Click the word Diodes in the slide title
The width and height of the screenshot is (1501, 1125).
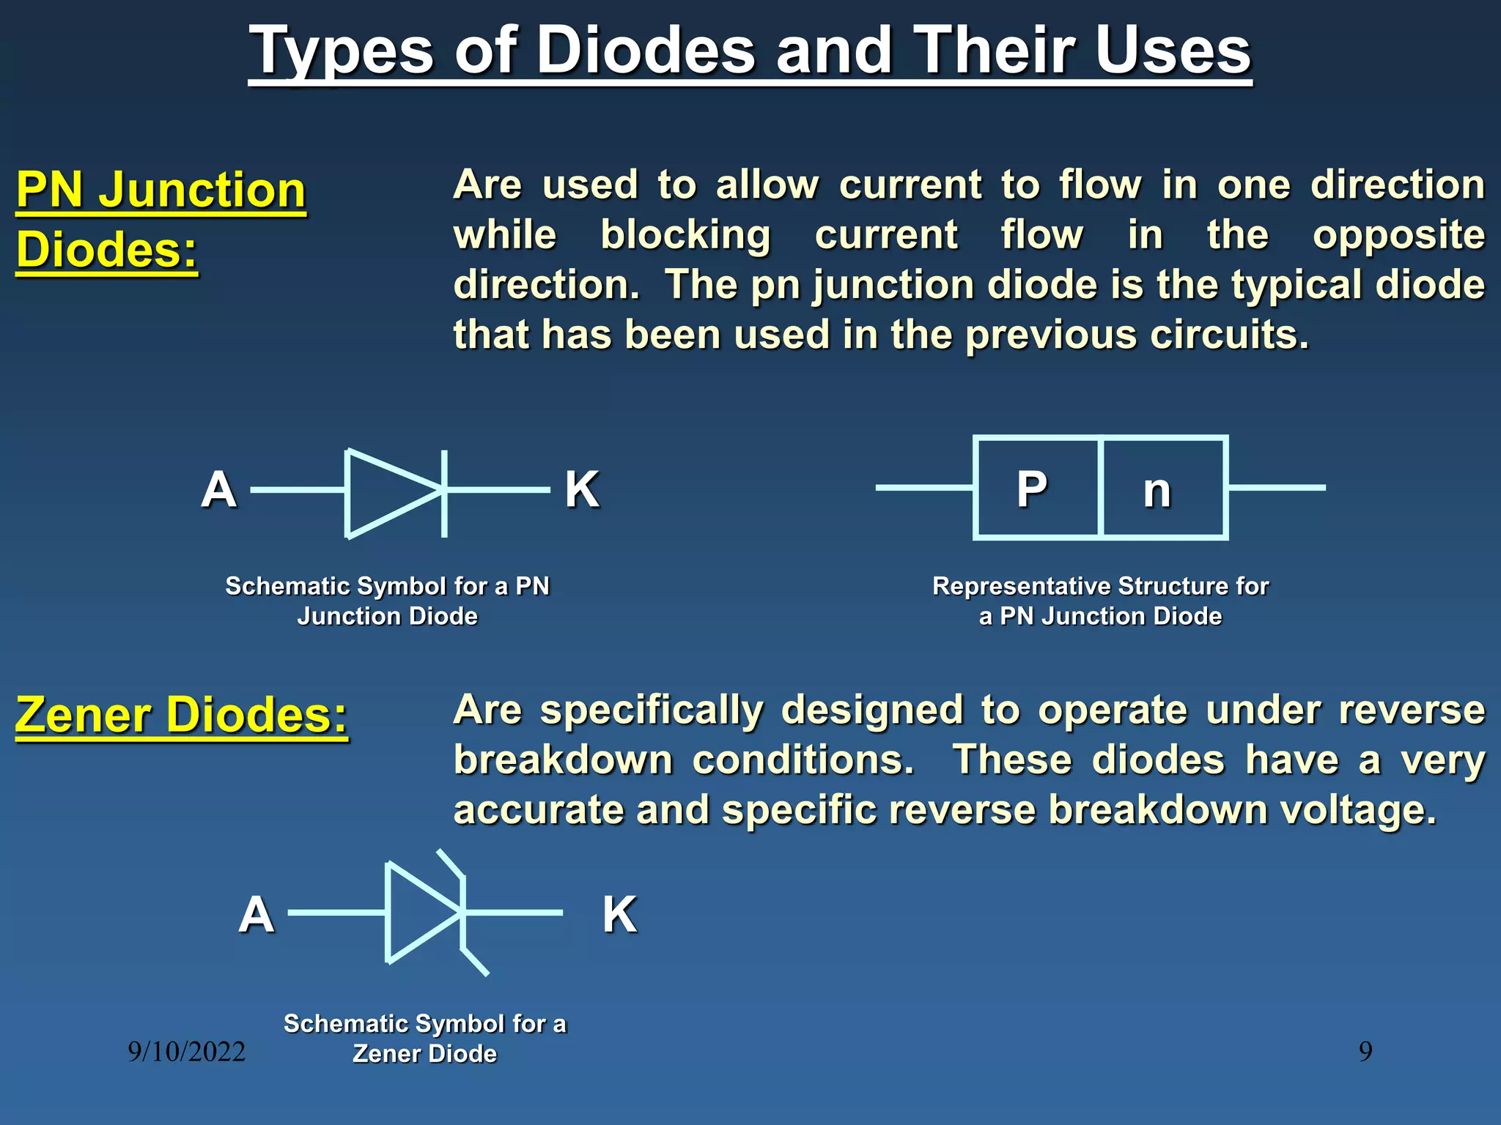(646, 51)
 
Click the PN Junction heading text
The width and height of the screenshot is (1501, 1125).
(161, 190)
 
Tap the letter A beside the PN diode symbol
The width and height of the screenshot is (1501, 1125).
(218, 489)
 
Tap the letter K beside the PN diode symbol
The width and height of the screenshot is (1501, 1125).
(582, 489)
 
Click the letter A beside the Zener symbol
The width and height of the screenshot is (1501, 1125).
(256, 914)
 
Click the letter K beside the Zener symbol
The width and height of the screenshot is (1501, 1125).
(619, 914)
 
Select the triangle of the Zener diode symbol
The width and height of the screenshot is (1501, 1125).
(418, 913)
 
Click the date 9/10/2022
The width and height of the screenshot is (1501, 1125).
(186, 1052)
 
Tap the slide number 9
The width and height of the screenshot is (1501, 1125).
(1365, 1052)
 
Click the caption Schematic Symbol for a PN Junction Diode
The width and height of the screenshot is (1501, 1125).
(387, 601)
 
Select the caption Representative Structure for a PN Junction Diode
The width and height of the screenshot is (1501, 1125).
(1100, 601)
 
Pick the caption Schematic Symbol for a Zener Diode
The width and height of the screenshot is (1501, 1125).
(425, 1038)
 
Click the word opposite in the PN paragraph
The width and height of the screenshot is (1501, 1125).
(1398, 236)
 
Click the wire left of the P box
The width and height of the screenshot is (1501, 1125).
(923, 487)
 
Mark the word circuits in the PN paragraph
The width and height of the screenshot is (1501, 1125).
(1228, 335)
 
